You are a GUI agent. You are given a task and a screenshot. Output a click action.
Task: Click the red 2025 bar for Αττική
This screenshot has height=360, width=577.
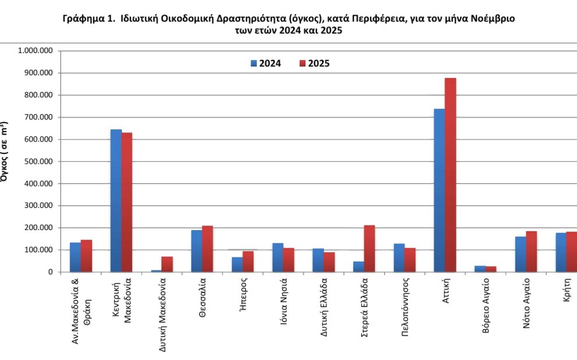pyautogui.click(x=451, y=175)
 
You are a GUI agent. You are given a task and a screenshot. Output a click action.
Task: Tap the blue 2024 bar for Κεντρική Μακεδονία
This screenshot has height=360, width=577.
pyautogui.click(x=116, y=200)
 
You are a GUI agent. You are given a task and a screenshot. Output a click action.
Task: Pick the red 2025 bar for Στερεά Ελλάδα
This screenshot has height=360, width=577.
pyautogui.click(x=370, y=249)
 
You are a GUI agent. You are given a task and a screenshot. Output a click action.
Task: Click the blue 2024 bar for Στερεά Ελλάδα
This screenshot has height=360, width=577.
pyautogui.click(x=358, y=267)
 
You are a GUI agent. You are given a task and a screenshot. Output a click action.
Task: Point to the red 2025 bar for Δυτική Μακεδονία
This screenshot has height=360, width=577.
pyautogui.click(x=167, y=264)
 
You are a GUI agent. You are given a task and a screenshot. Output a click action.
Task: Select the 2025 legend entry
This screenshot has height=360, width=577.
pyautogui.click(x=314, y=63)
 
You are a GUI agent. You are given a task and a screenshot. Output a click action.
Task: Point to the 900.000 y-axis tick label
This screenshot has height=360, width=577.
pyautogui.click(x=36, y=73)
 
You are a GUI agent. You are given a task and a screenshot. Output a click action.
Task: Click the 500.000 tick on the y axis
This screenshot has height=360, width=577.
pyautogui.click(x=36, y=161)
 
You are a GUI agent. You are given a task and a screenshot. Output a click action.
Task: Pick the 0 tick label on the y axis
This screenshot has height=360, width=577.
pyautogui.click(x=50, y=272)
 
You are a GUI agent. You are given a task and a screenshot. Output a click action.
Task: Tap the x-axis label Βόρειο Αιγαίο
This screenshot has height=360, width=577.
pyautogui.click(x=485, y=313)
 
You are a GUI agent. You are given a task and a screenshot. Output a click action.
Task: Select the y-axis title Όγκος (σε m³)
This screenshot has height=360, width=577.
pyautogui.click(x=5, y=152)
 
